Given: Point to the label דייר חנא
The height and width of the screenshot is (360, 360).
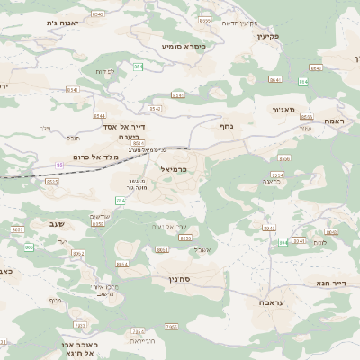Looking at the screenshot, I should [331, 283].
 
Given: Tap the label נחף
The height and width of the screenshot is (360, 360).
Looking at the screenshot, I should [227, 127].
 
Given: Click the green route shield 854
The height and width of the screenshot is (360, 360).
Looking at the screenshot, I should [139, 67].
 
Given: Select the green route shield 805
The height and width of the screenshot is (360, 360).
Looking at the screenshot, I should [29, 247].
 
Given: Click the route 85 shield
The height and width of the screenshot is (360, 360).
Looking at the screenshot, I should [59, 166].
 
